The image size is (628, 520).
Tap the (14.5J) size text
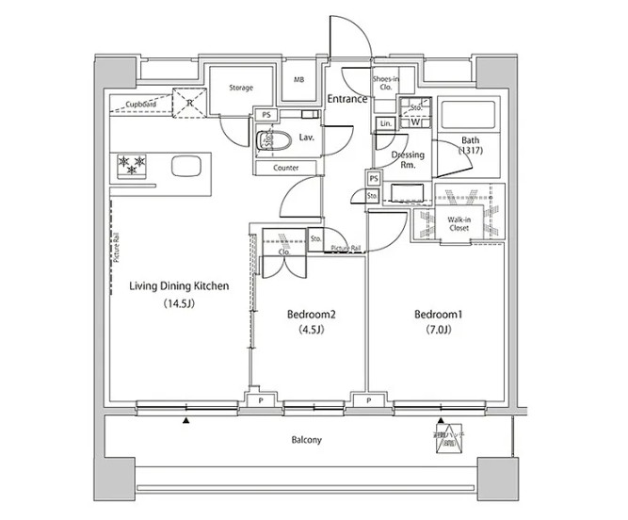(178, 304)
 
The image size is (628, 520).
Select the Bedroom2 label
(312, 315)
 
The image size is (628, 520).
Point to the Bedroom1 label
(438, 315)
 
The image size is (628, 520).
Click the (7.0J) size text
(438, 330)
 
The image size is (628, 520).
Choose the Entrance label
(346, 99)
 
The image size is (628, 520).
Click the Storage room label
(241, 89)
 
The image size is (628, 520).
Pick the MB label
(298, 81)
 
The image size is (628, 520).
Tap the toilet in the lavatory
(273, 140)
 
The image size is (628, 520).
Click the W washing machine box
(415, 122)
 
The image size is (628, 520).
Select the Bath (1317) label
(471, 145)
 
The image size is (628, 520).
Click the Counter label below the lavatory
(286, 168)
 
